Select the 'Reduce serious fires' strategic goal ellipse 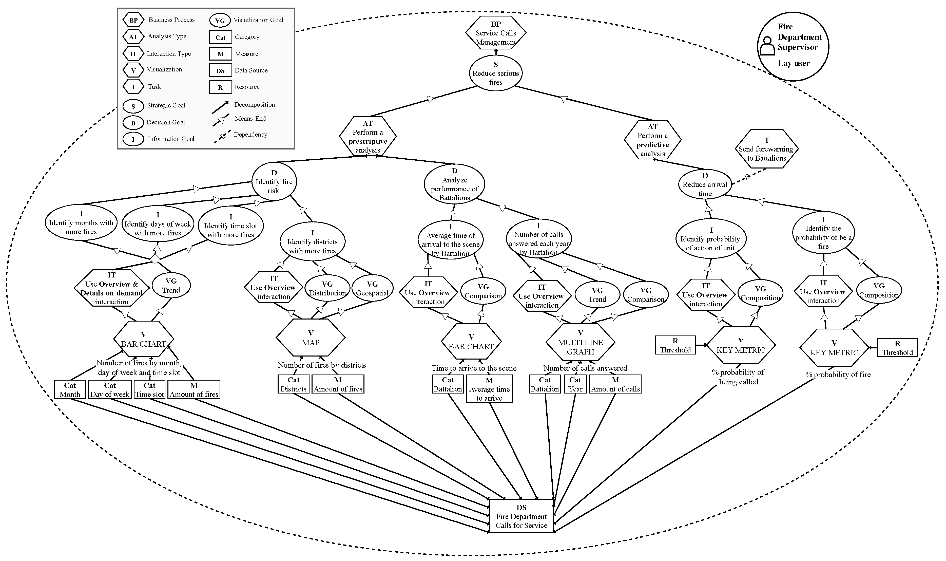(x=495, y=73)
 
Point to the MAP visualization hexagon (x=311, y=338)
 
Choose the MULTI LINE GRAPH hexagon (x=580, y=342)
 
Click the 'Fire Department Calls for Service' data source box (x=521, y=516)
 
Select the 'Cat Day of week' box (x=110, y=389)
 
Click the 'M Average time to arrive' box (x=489, y=389)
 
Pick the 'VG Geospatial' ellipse (x=372, y=288)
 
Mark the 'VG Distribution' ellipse (x=327, y=288)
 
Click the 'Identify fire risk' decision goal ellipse (x=274, y=181)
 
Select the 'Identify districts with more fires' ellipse (x=313, y=241)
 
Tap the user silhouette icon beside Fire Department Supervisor (x=767, y=46)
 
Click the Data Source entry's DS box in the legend (x=220, y=70)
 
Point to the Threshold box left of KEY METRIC (x=675, y=345)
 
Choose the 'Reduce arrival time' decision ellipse (x=705, y=184)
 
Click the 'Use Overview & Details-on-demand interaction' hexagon (x=111, y=288)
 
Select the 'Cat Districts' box (x=294, y=384)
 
